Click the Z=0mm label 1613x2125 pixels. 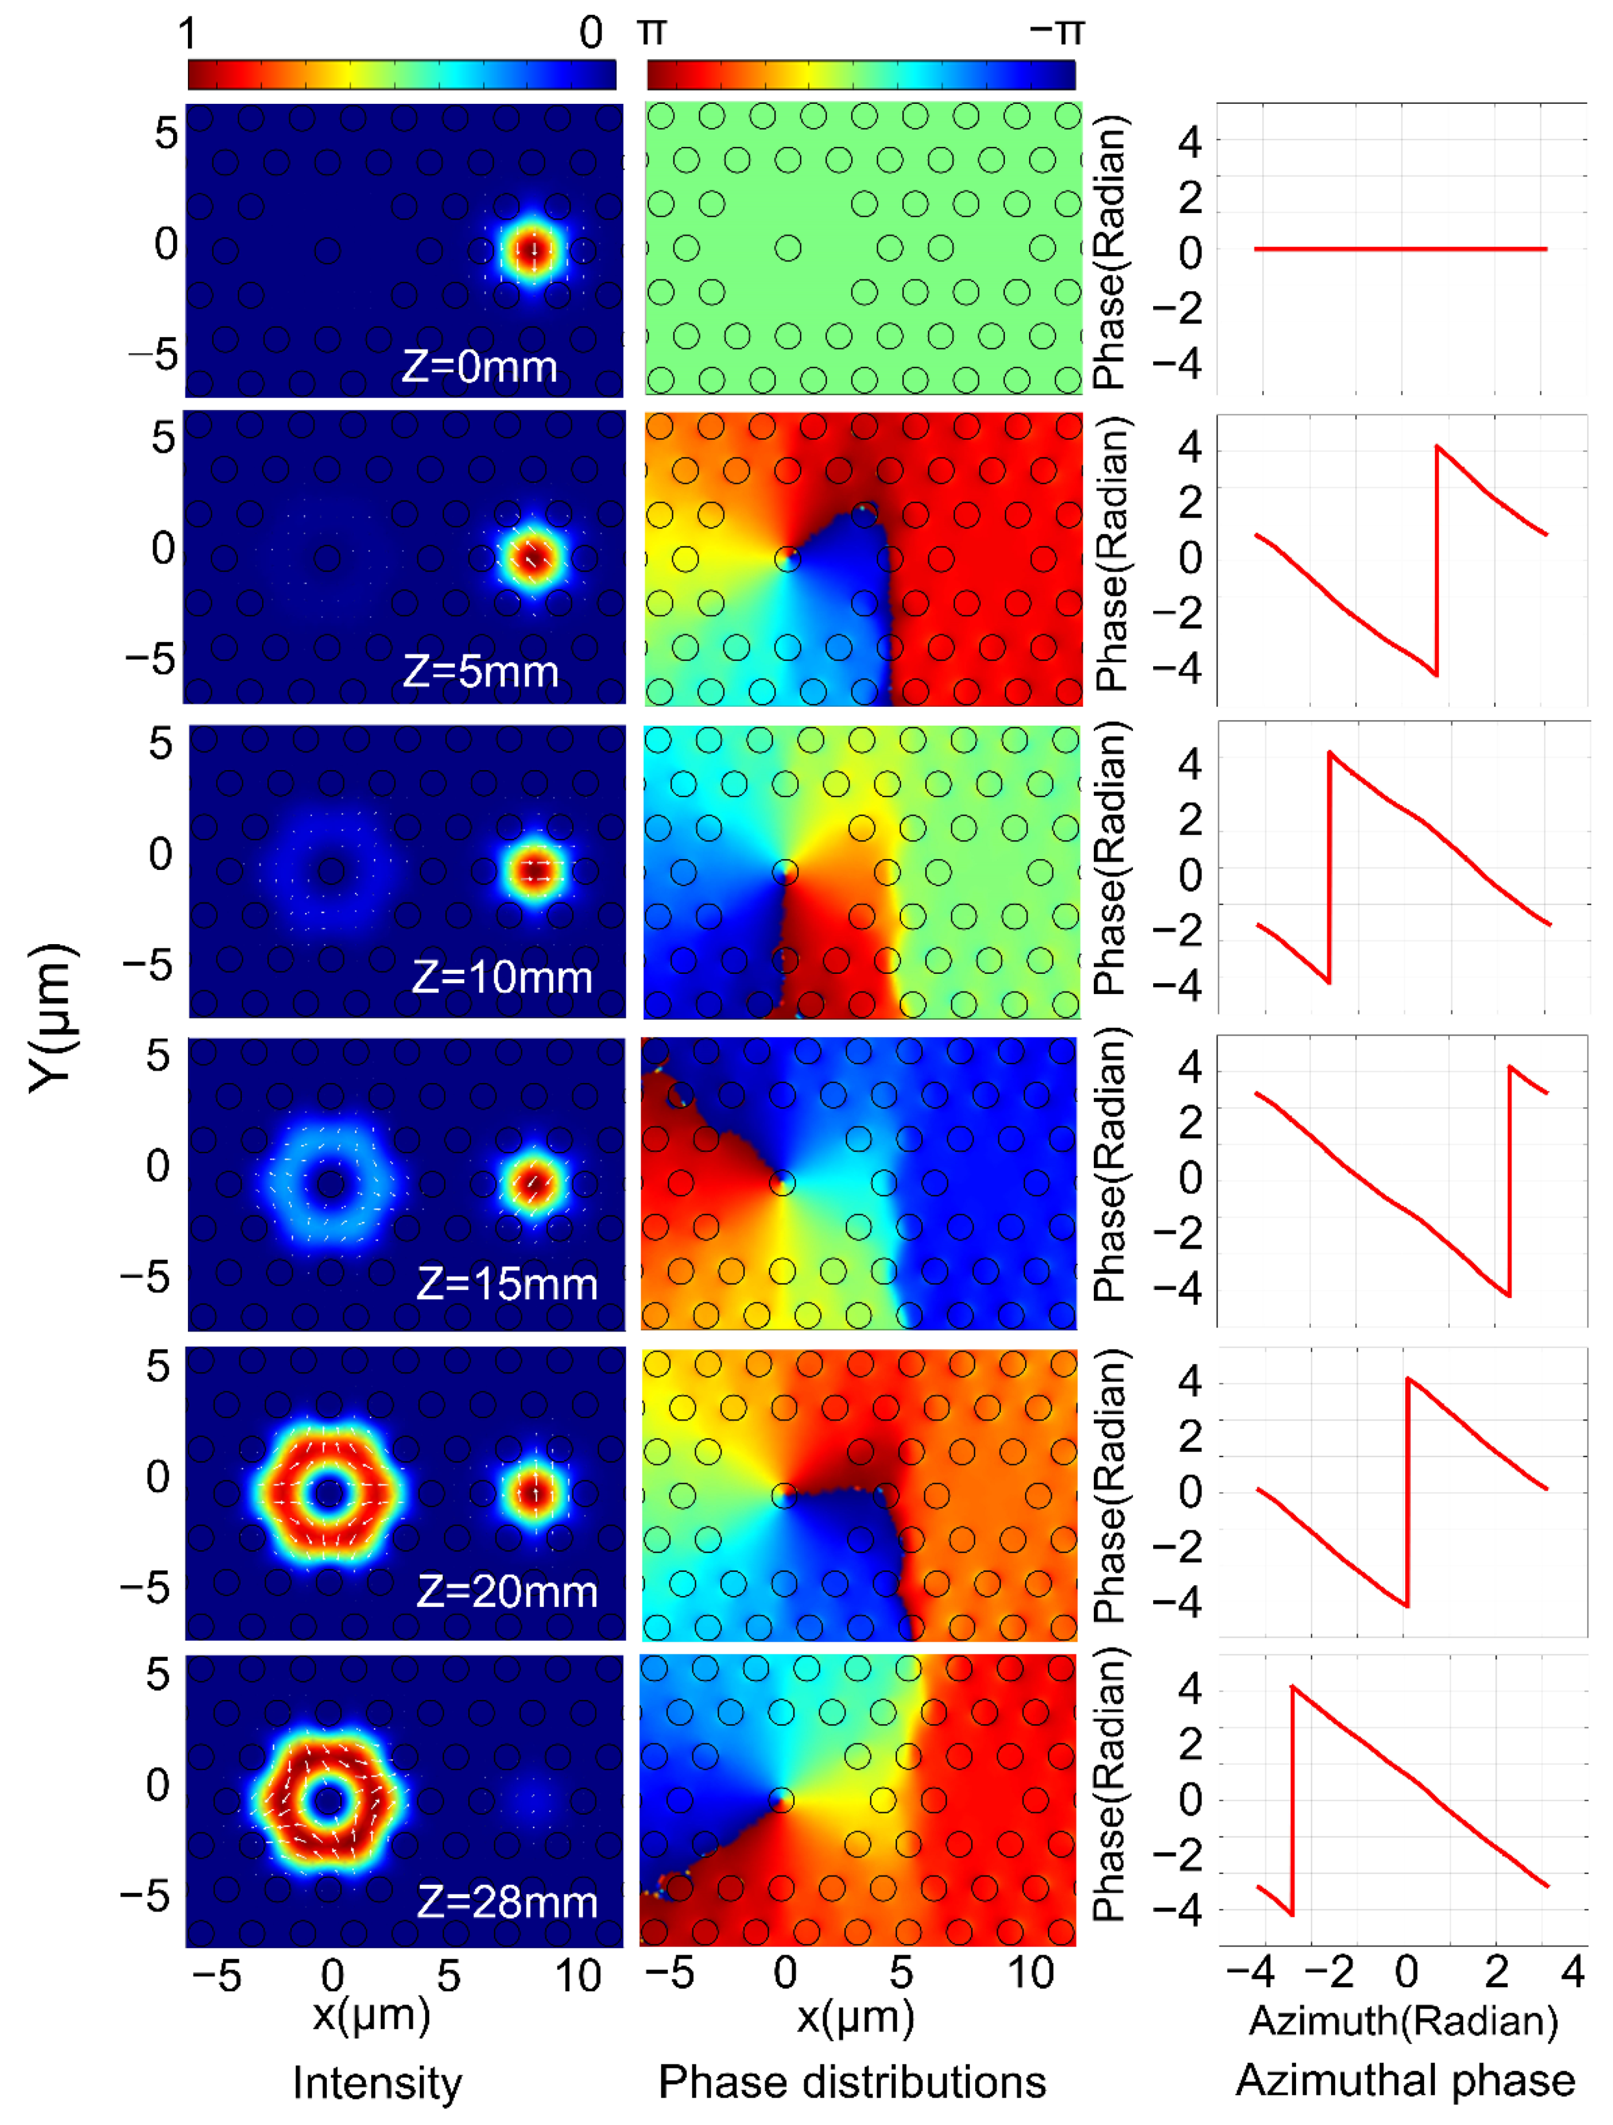[480, 366]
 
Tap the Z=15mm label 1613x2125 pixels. [507, 1284]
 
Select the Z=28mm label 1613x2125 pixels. [507, 1901]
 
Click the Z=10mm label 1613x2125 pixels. [502, 977]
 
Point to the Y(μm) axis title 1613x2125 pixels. [50, 1018]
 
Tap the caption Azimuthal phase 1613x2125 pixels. [1405, 2080]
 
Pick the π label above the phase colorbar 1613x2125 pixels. [652, 32]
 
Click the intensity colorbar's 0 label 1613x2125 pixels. [591, 34]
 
